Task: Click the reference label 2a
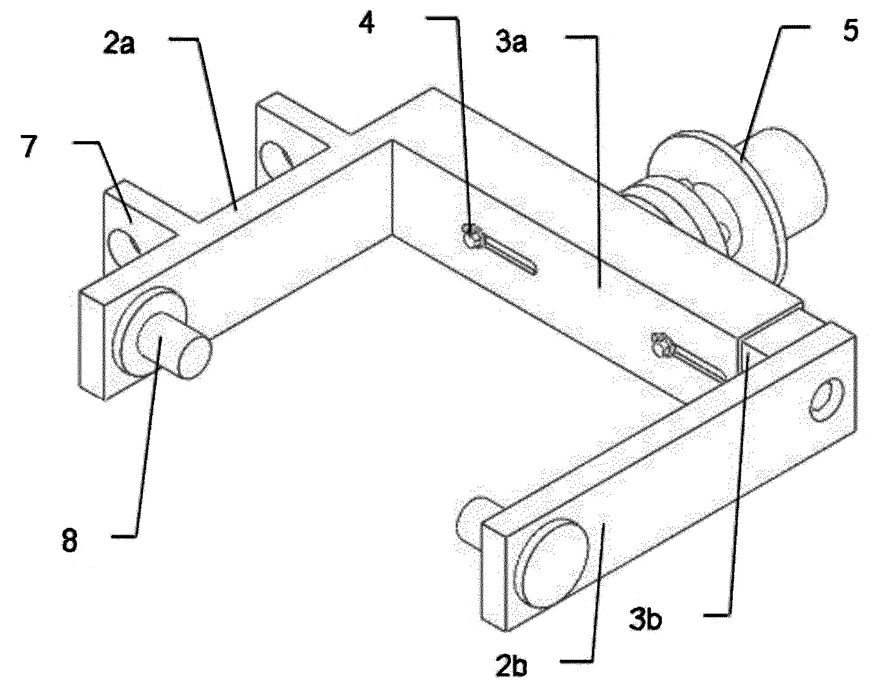tap(119, 45)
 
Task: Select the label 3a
tap(511, 43)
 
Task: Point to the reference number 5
tap(851, 31)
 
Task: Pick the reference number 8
tap(70, 541)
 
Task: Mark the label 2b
tap(511, 667)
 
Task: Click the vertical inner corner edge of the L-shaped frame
tap(392, 188)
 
